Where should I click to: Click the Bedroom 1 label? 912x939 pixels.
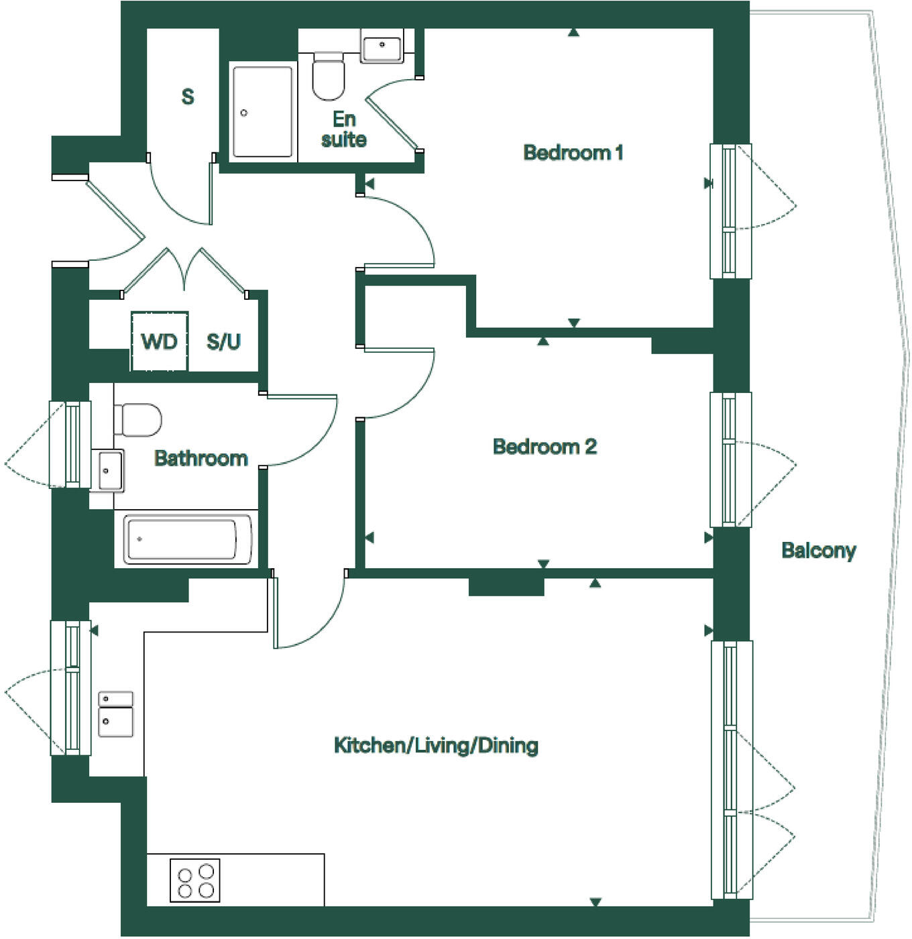pos(573,153)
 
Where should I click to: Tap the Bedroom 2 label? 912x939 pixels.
pos(545,447)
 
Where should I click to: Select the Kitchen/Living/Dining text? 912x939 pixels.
pos(436,745)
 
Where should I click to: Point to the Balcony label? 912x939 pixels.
pos(819,551)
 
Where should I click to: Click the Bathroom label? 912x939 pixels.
pos(201,458)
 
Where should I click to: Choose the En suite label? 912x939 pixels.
pos(344,129)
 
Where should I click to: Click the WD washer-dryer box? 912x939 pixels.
pos(160,341)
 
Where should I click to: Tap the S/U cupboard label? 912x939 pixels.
pos(223,342)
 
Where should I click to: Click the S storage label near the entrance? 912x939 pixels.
pos(188,97)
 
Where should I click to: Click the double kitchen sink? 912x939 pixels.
pos(116,714)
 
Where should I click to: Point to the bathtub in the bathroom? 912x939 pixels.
pos(187,539)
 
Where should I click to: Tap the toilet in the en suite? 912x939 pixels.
pos(329,76)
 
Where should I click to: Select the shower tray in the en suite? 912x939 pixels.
pos(262,111)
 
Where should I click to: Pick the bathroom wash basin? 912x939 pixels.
pos(107,469)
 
